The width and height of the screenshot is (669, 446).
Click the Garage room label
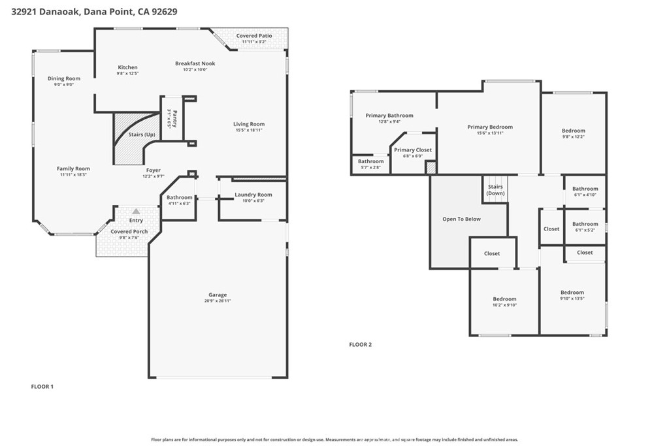218,295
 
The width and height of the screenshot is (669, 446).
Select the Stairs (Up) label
145,135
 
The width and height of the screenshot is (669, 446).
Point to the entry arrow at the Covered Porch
136,212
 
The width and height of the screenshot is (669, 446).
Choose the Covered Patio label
254,36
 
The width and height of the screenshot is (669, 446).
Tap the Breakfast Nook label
195,63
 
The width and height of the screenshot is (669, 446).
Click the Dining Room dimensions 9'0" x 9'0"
64,84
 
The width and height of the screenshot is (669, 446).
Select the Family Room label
73,168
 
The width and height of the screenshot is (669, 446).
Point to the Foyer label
153,170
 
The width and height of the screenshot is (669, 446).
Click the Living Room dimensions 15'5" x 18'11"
249,130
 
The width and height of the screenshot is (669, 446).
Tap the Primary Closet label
413,150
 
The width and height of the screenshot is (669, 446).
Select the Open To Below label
461,219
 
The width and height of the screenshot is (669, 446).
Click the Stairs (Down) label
495,190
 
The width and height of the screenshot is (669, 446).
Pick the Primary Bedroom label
490,127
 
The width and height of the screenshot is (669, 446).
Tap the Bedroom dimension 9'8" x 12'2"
574,136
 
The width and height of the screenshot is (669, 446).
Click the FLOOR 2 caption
360,344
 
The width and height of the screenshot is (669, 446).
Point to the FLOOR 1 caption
42,387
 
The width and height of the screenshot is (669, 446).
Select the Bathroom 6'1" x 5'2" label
585,224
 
